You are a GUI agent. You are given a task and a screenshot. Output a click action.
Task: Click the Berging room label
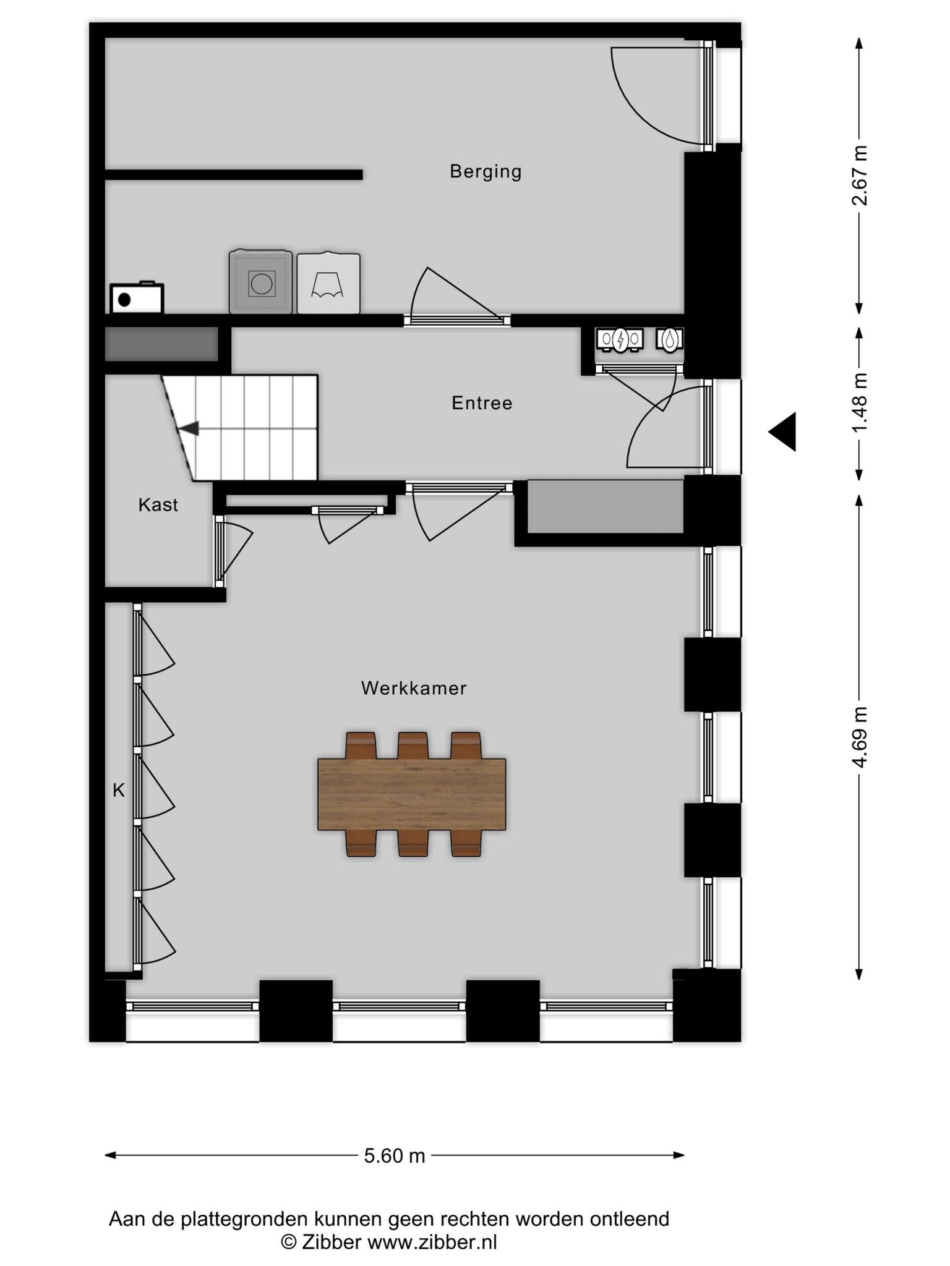(x=486, y=171)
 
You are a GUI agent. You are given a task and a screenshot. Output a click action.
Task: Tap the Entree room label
(x=482, y=403)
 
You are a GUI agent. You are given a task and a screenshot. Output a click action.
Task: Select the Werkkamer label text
(x=414, y=688)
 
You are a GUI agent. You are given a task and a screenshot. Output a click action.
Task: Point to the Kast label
(x=158, y=505)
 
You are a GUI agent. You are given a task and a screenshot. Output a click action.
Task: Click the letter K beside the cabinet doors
(x=119, y=790)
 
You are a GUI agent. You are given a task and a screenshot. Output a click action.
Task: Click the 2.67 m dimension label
(x=859, y=176)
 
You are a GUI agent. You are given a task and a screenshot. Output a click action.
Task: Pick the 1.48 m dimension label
(x=859, y=404)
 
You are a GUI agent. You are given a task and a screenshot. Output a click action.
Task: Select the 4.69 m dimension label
(x=859, y=737)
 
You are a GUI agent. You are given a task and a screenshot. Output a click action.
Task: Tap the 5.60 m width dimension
(x=395, y=1155)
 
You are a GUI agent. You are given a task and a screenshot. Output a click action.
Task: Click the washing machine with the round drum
(x=260, y=282)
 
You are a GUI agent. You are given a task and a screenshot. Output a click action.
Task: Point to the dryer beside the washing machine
(x=328, y=283)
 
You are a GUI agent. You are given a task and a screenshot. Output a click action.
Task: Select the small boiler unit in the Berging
(x=137, y=298)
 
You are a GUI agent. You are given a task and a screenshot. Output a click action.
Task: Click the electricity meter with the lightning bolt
(x=620, y=339)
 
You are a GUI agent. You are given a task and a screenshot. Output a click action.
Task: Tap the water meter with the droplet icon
(x=669, y=339)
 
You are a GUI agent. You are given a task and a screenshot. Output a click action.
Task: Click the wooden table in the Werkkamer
(x=412, y=794)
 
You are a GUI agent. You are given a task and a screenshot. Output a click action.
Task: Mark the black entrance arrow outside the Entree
(x=782, y=431)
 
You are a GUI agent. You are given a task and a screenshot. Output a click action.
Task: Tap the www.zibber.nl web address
(x=432, y=1242)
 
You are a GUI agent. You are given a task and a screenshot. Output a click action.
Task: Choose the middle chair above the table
(x=413, y=746)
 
